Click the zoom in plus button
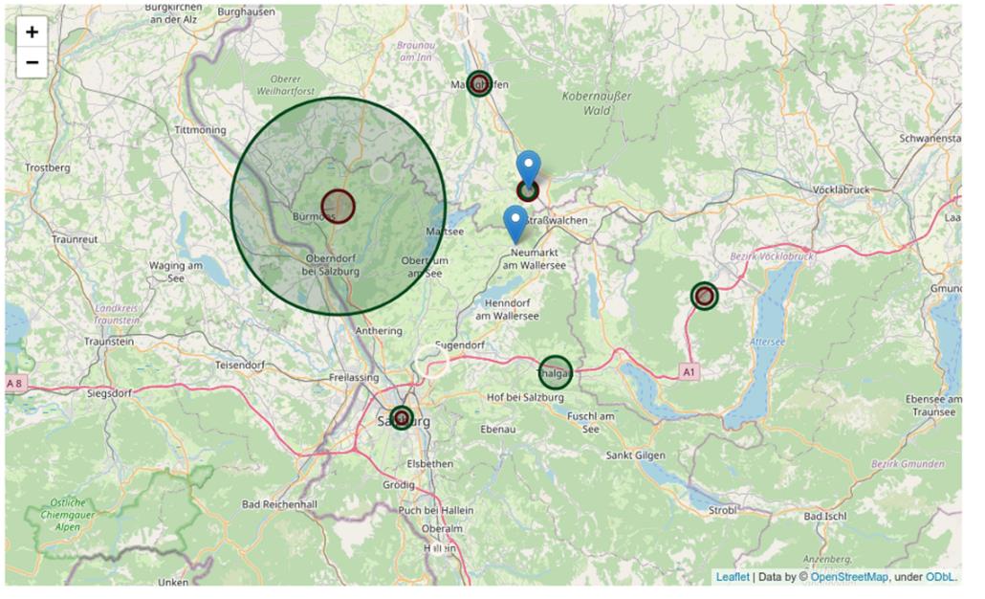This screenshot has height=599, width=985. tap(33, 32)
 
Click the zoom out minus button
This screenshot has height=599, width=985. tap(33, 63)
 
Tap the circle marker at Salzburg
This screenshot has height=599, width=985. tap(402, 418)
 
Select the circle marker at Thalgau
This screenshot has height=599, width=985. tap(555, 372)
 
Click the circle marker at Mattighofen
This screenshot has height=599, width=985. tap(479, 83)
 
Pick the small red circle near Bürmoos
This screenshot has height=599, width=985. tap(338, 206)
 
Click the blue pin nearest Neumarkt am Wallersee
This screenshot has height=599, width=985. tap(515, 223)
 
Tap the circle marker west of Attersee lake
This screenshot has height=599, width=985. tap(705, 296)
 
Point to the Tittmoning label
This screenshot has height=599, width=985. tap(200, 130)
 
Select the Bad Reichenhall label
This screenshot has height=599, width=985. tap(279, 503)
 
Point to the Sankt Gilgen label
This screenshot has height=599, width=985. tap(635, 455)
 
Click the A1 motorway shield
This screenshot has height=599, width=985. tap(689, 369)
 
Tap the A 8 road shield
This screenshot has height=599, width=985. tap(15, 384)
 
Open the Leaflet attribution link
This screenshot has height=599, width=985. tap(733, 577)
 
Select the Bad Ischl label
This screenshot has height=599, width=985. tap(825, 516)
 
